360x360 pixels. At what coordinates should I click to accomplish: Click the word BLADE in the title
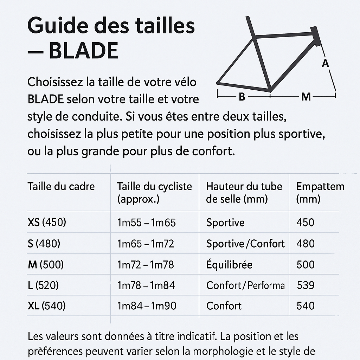click(84, 51)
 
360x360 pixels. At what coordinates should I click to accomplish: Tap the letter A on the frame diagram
click(325, 63)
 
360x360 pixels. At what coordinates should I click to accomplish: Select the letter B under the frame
click(242, 97)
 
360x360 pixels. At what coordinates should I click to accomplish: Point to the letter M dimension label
click(306, 97)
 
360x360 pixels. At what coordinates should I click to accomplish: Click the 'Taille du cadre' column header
click(61, 186)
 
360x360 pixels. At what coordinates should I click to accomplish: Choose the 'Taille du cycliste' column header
click(154, 193)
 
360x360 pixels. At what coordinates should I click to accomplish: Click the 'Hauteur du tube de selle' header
click(244, 193)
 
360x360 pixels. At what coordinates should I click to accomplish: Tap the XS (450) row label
click(47, 223)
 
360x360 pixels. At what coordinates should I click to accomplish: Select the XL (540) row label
click(47, 306)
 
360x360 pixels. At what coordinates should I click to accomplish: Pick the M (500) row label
click(46, 264)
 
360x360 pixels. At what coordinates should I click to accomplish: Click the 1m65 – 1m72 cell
click(146, 244)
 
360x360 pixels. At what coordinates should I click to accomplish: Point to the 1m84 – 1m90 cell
click(147, 306)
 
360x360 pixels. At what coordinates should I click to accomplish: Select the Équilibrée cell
click(229, 264)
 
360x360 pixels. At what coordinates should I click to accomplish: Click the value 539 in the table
click(306, 285)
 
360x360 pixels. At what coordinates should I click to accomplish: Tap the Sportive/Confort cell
click(245, 244)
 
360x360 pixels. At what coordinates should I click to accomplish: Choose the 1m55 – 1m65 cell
click(146, 223)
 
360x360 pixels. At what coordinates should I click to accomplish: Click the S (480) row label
click(44, 244)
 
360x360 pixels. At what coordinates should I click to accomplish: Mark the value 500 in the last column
click(306, 264)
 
